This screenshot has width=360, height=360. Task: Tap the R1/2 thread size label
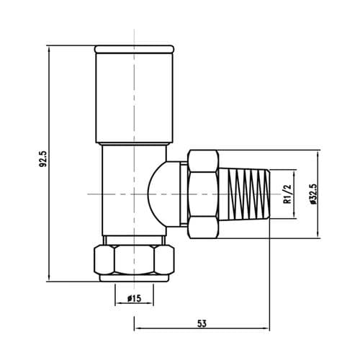tap(287, 194)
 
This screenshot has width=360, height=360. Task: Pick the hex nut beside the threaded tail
tap(201, 194)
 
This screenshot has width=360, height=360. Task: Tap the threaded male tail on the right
tap(245, 194)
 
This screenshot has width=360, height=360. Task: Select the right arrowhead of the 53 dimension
tap(267, 330)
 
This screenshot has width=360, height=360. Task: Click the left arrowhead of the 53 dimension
tap(138, 330)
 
